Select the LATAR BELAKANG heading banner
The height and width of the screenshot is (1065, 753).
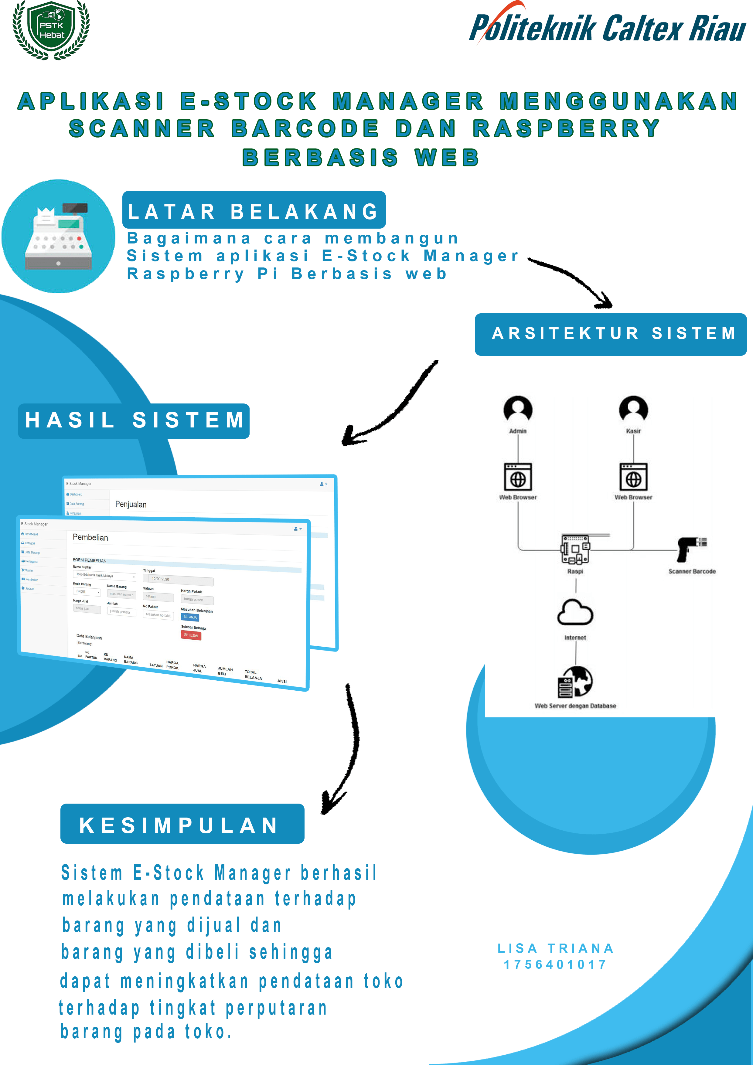254,211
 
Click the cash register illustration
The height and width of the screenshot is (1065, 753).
59,236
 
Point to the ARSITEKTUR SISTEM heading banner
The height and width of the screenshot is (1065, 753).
611,334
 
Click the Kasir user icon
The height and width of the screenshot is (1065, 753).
633,410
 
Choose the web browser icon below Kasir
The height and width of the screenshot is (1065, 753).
633,477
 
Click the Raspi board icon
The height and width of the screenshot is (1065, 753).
575,549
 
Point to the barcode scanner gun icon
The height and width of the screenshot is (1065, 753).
691,549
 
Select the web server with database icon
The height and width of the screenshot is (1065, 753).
575,682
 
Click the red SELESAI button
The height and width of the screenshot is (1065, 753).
191,635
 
